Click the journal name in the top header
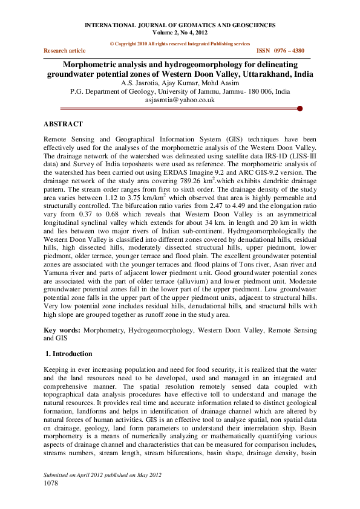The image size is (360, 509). click(x=180, y=25)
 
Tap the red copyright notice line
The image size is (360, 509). click(x=180, y=44)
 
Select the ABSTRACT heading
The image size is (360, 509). click(x=63, y=124)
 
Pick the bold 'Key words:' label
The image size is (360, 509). click(x=62, y=331)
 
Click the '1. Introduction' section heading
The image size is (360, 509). click(x=70, y=354)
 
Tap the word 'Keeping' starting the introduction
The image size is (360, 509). click(x=57, y=369)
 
